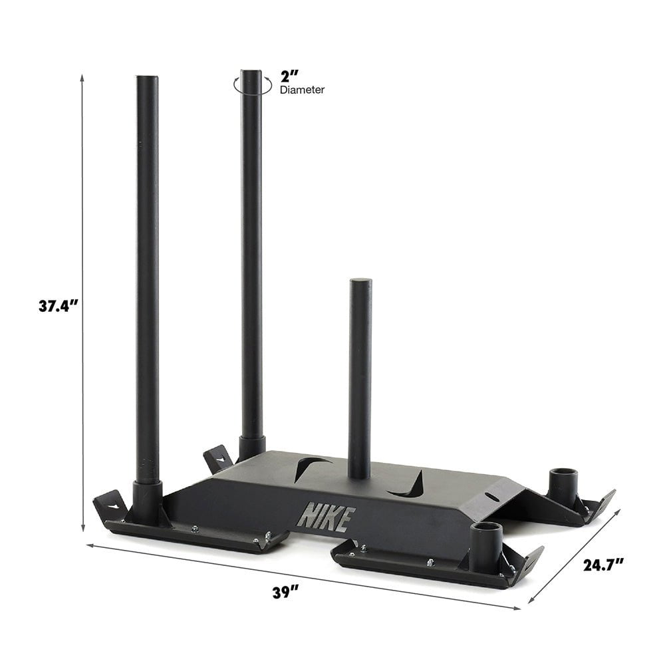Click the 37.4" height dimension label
pos(59,306)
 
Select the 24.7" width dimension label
pos(604,565)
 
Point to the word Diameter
pos(302,90)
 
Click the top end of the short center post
pos(360,283)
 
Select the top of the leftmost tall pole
pos(147,79)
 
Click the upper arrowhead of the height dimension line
pos(82,77)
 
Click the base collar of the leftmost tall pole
pos(147,502)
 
